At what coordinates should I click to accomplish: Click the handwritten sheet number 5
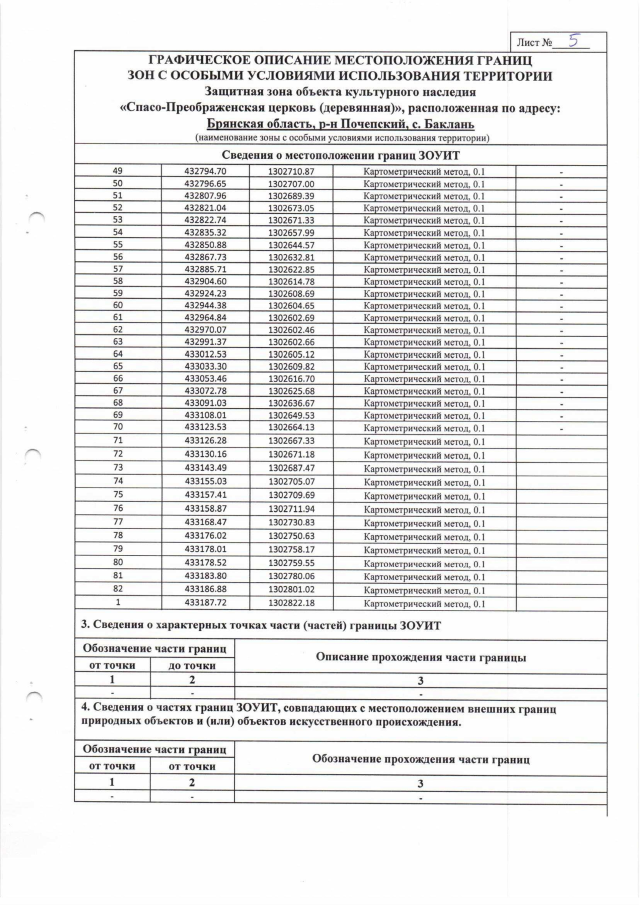click(573, 41)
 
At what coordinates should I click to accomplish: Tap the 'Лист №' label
click(535, 43)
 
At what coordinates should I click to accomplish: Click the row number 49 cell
click(118, 172)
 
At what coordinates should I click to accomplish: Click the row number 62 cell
click(118, 330)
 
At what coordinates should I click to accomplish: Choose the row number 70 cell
click(118, 428)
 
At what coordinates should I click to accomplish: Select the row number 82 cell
click(118, 590)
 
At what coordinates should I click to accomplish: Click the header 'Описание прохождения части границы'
click(421, 656)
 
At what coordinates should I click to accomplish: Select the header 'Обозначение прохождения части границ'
click(421, 759)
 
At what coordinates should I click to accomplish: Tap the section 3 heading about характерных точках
click(260, 625)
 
